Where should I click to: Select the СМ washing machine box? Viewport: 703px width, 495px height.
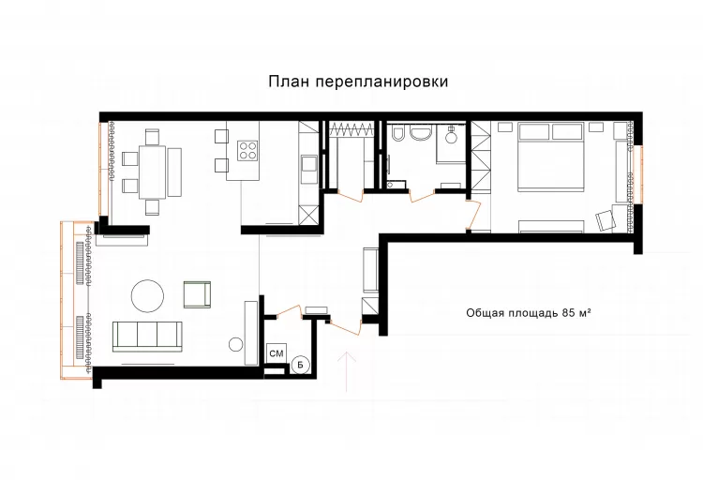tap(277, 352)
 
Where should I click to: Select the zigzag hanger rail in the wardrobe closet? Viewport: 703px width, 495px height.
tap(351, 129)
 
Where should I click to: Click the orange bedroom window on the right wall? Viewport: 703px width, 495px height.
tap(638, 174)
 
